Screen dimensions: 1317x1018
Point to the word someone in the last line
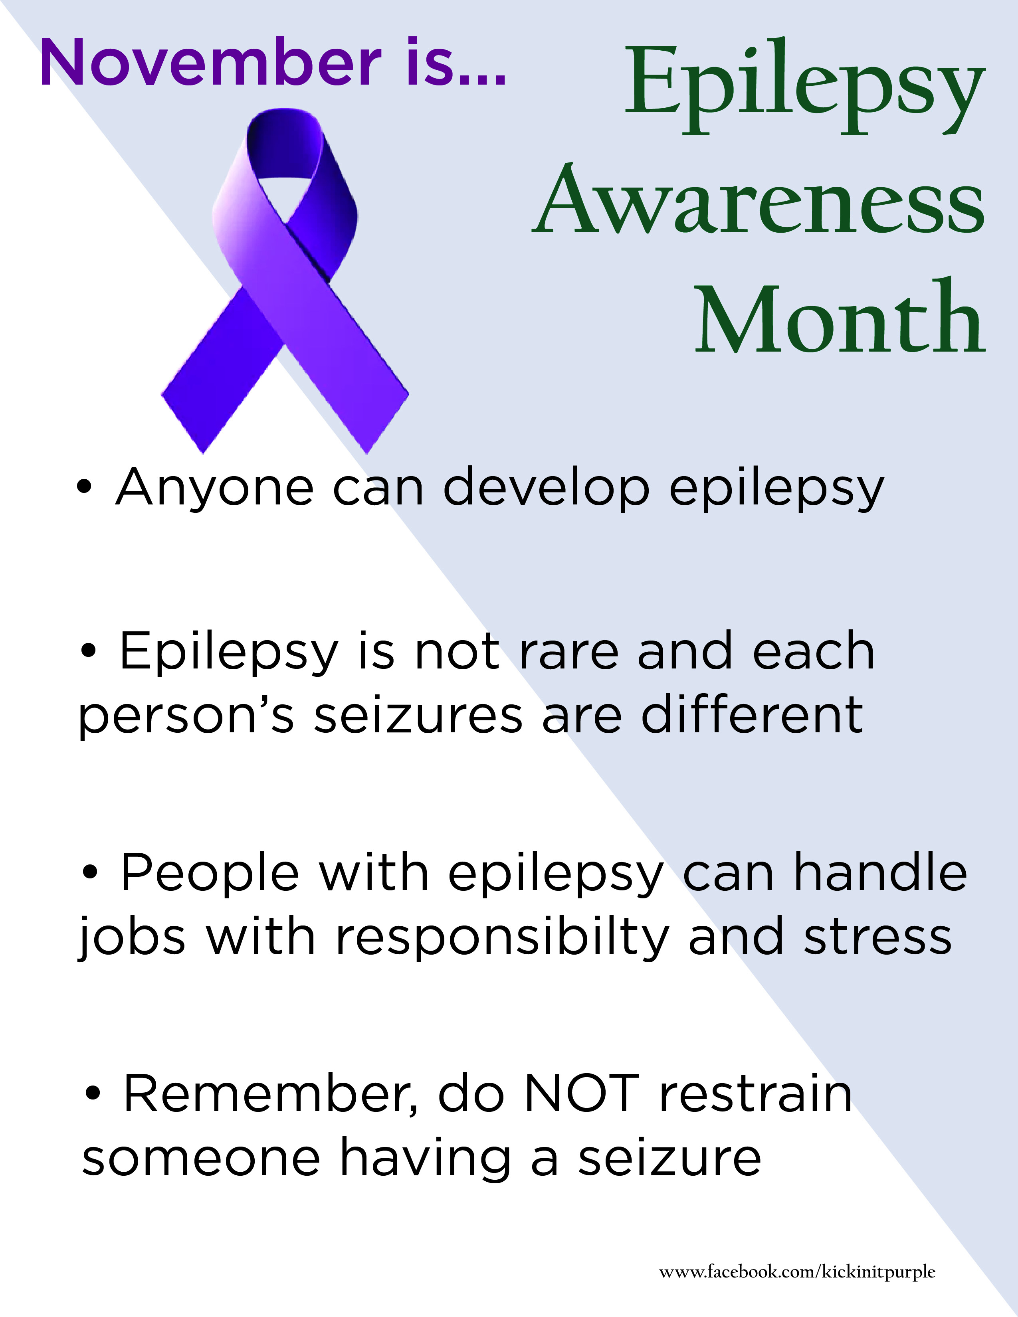pos(201,1159)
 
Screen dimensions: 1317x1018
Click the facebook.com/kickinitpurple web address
pos(797,1272)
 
